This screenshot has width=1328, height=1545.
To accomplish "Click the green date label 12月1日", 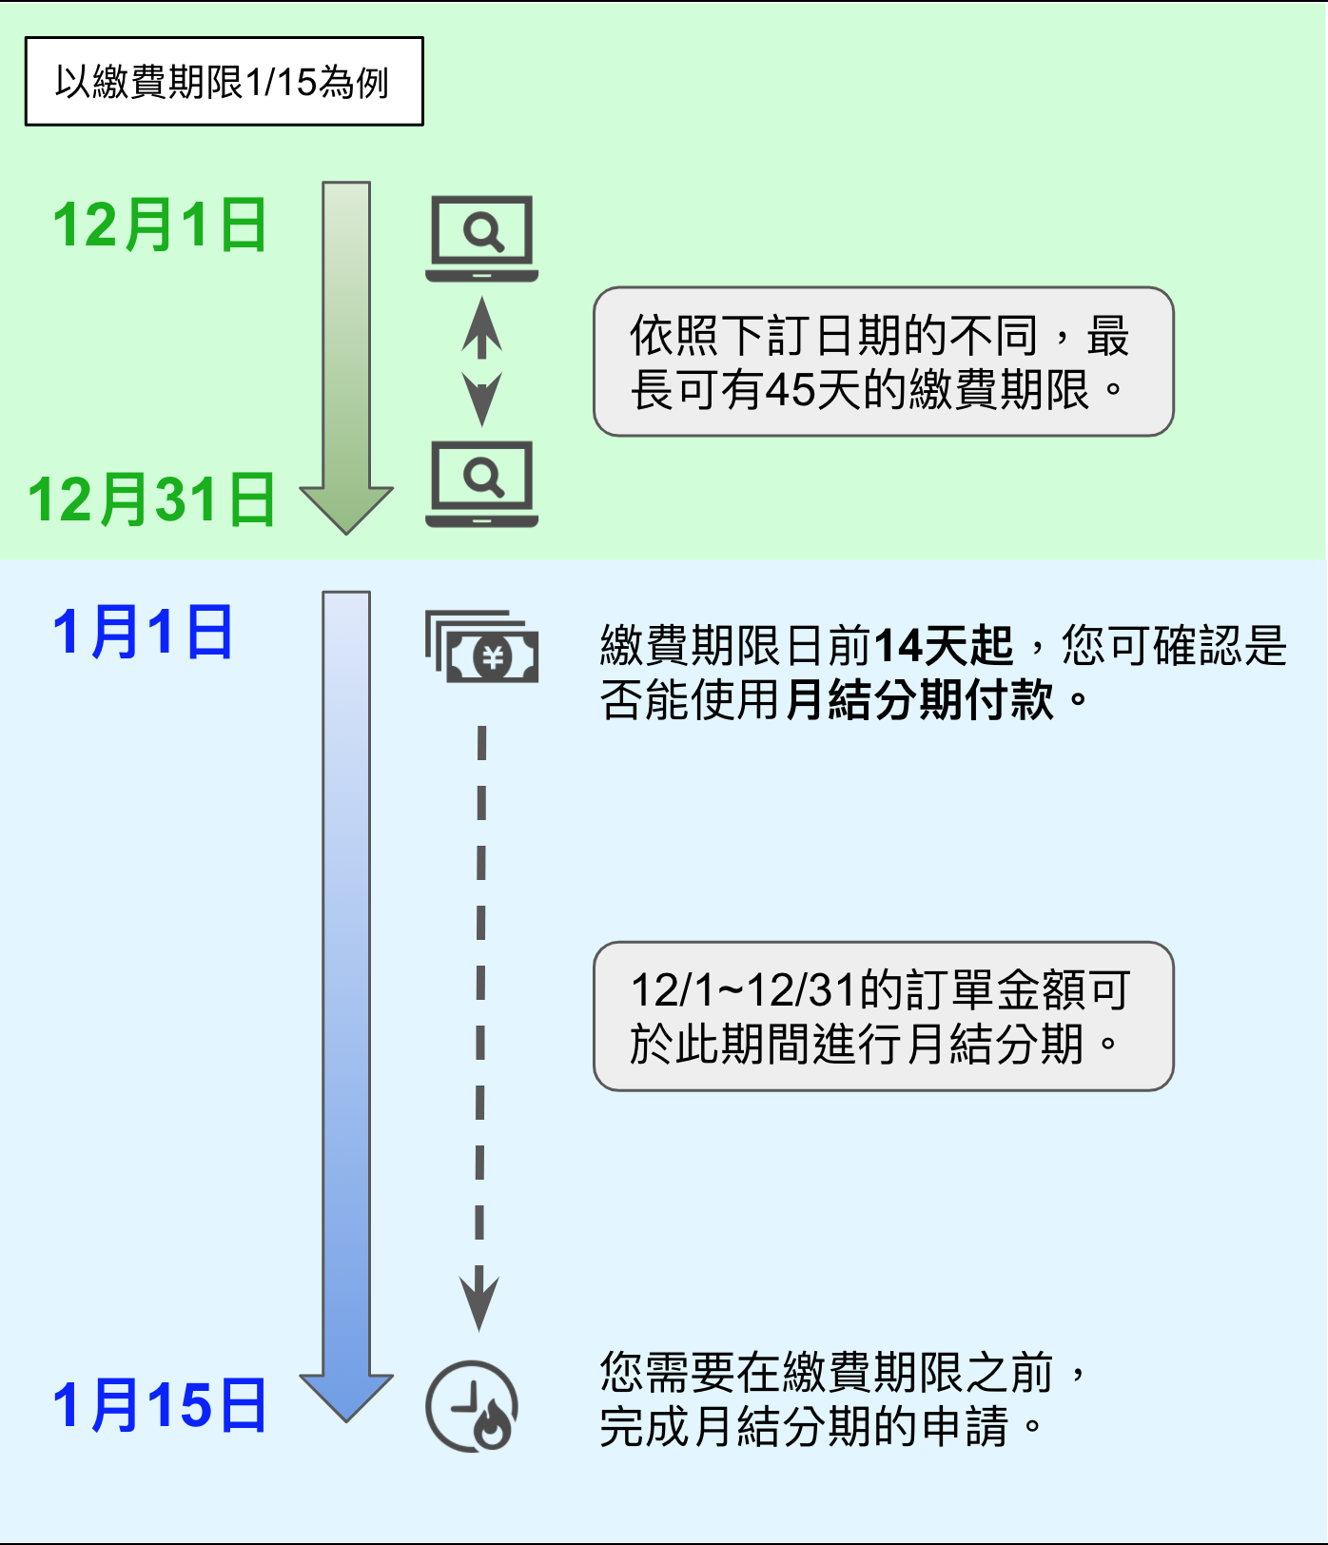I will (160, 225).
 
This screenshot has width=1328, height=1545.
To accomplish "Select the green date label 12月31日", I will (151, 499).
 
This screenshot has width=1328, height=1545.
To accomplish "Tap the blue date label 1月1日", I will (143, 632).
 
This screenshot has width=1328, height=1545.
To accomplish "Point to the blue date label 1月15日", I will (160, 1405).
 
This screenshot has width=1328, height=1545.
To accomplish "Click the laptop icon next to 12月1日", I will (482, 238).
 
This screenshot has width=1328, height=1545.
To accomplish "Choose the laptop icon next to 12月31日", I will (482, 483).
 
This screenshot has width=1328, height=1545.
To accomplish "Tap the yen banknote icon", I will (482, 647).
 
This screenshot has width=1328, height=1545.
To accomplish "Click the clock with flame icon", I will (472, 1406).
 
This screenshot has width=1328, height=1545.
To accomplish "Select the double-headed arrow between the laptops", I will (482, 362).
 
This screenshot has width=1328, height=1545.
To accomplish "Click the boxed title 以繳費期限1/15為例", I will (224, 82).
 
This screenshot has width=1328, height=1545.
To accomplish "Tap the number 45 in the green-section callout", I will (789, 390).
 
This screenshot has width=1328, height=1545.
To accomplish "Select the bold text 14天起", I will (944, 646).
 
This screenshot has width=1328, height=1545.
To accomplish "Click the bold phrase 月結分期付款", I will (921, 700).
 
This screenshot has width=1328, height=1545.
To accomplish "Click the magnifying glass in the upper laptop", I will (483, 231).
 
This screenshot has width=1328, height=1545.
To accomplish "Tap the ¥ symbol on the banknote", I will (493, 656).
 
